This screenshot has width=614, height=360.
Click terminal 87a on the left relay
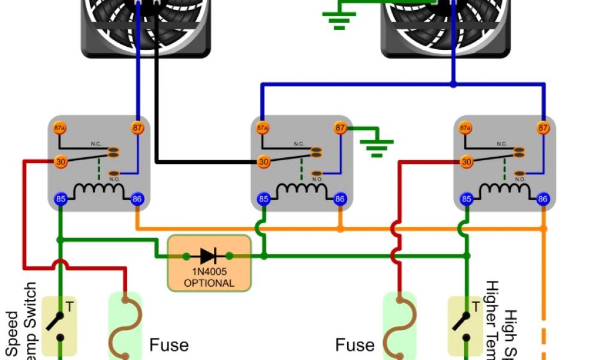tap(60, 128)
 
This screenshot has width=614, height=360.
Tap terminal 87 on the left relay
tap(137, 128)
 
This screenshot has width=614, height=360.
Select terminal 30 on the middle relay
tap(263, 162)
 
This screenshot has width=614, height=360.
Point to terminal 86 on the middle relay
tap(340, 199)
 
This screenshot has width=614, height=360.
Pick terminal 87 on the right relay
tap(543, 128)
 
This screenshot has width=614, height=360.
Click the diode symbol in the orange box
tap(209, 256)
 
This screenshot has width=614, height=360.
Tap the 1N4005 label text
tap(209, 272)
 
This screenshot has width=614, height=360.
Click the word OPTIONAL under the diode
tap(209, 283)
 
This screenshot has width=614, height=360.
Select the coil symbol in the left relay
tap(98, 192)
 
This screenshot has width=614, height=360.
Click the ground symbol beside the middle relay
tap(376, 146)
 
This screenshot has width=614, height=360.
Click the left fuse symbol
tap(125, 327)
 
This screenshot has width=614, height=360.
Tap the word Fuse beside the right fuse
tap(354, 345)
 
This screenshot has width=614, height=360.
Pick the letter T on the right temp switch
tap(475, 307)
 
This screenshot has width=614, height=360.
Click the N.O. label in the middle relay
tap(317, 179)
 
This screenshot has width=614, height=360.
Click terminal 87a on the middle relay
tap(263, 128)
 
